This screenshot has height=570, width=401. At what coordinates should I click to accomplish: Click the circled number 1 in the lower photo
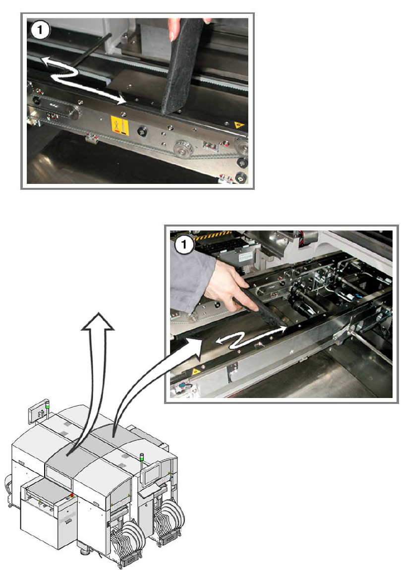click(x=183, y=244)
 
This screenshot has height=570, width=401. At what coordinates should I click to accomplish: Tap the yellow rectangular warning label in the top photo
click(x=119, y=125)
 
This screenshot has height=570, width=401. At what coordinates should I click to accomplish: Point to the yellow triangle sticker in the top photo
click(x=238, y=125)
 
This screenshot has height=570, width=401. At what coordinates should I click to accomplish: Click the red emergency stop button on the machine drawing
click(x=72, y=495)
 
